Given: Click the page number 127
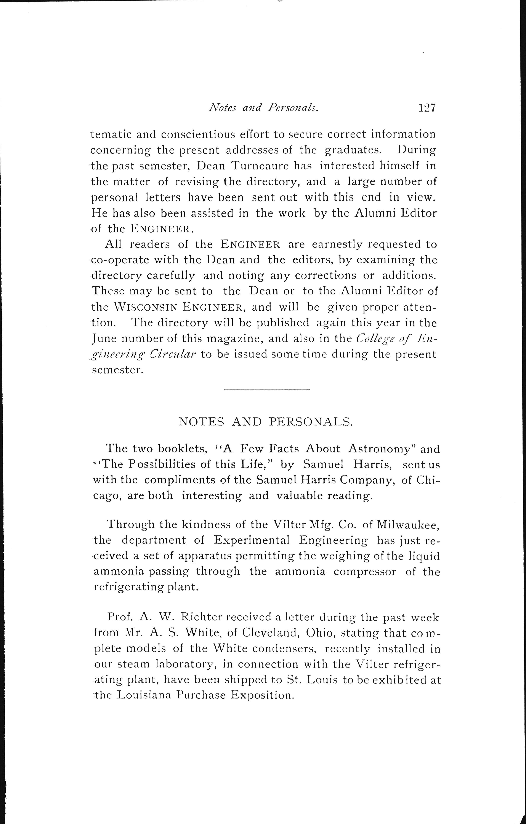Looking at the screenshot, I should click(x=426, y=108).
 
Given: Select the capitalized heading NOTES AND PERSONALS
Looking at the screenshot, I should click(x=265, y=422).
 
